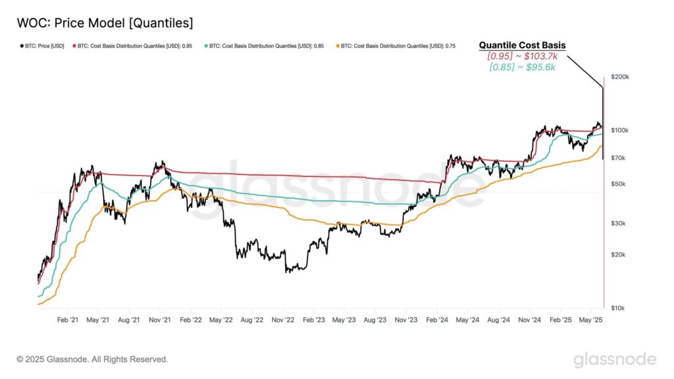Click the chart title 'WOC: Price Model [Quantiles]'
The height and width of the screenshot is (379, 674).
point(105,23)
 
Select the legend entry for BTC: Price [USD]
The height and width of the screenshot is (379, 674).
point(41,46)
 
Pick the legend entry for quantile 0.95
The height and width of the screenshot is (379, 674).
point(132,46)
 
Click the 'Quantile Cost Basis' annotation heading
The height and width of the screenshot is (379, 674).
point(522,45)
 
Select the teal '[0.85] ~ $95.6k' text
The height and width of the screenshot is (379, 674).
point(522,67)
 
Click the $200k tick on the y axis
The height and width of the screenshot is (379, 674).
point(620,77)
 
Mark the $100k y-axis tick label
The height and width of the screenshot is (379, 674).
point(620,130)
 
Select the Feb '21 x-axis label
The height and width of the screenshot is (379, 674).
point(68,320)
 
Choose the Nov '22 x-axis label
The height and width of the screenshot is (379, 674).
point(282,320)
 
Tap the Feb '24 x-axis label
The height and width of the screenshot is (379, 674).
point(436,320)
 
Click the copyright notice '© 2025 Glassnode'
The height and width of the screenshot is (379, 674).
point(92,359)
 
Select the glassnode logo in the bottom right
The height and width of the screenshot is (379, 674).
point(614,359)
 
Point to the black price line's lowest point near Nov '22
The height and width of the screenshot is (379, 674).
point(287,271)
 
